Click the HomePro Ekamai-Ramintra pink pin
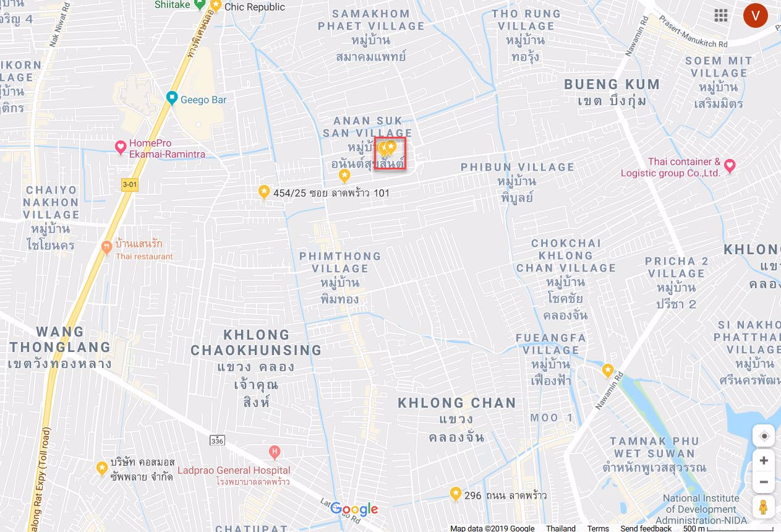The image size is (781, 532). click(121, 147)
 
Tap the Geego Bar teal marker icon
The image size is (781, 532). click(172, 98)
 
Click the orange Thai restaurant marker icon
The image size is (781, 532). click(106, 247)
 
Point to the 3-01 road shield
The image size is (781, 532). click(129, 184)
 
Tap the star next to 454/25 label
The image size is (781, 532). click(264, 192)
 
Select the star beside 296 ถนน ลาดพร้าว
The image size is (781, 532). click(456, 494)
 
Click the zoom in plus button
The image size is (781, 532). click(764, 460)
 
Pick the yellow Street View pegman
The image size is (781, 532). click(764, 505)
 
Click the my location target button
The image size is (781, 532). click(764, 436)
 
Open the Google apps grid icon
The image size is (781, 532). click(721, 15)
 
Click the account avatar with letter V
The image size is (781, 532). click(755, 15)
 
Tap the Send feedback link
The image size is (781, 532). click(646, 528)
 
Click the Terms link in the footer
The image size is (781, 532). click(598, 528)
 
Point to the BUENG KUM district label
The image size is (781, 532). click(612, 85)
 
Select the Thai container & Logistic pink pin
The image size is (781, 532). click(730, 165)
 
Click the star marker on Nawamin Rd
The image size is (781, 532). click(608, 370)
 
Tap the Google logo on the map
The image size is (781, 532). click(354, 509)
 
